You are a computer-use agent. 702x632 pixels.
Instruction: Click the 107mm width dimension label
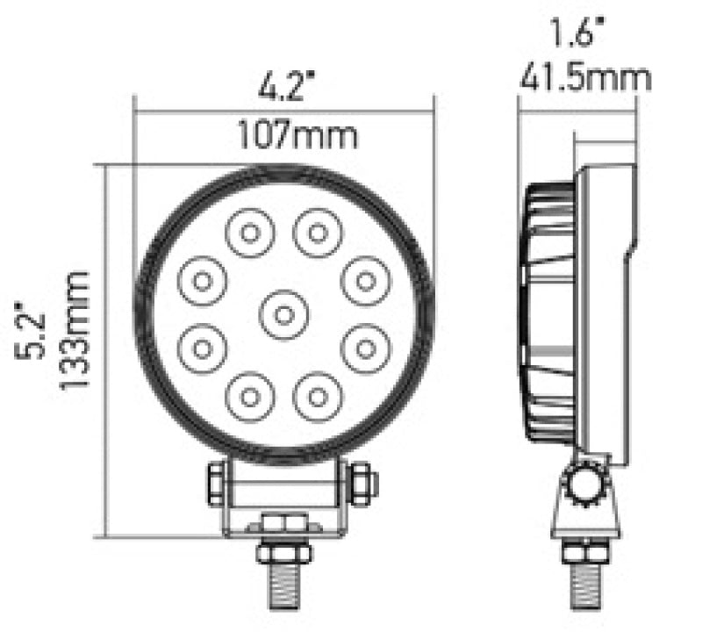click(284, 136)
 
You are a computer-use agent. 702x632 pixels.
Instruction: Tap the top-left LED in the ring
click(249, 233)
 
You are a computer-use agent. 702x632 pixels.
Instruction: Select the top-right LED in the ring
click(317, 233)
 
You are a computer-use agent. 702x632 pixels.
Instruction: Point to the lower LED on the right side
click(363, 348)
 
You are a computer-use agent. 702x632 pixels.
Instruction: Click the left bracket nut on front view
click(215, 483)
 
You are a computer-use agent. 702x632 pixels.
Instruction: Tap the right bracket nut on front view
click(362, 483)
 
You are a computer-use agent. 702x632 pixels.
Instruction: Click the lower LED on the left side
click(203, 348)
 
